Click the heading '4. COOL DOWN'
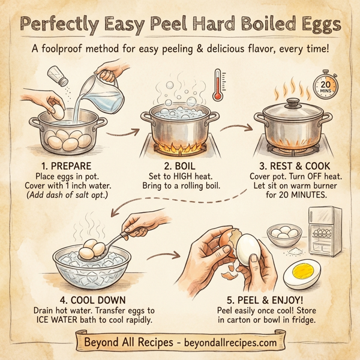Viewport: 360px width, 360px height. tap(84, 300)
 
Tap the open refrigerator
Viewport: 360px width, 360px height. tap(325, 231)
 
